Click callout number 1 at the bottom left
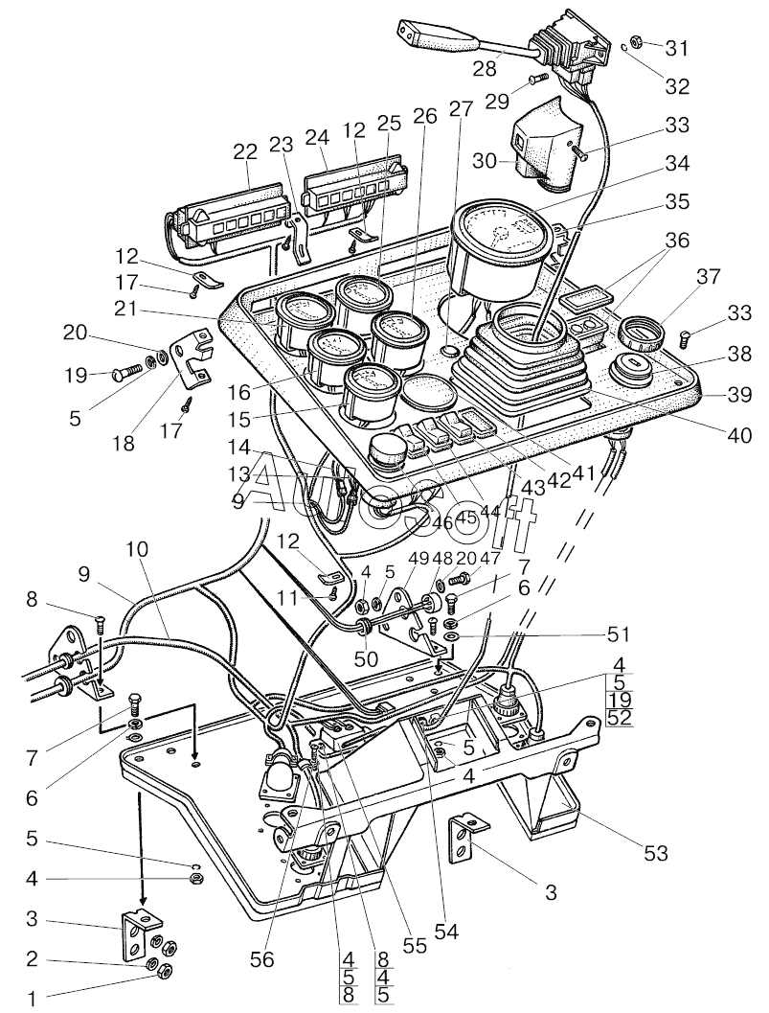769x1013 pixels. (31, 998)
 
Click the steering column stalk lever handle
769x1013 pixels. (436, 38)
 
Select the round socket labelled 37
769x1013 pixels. (639, 334)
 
